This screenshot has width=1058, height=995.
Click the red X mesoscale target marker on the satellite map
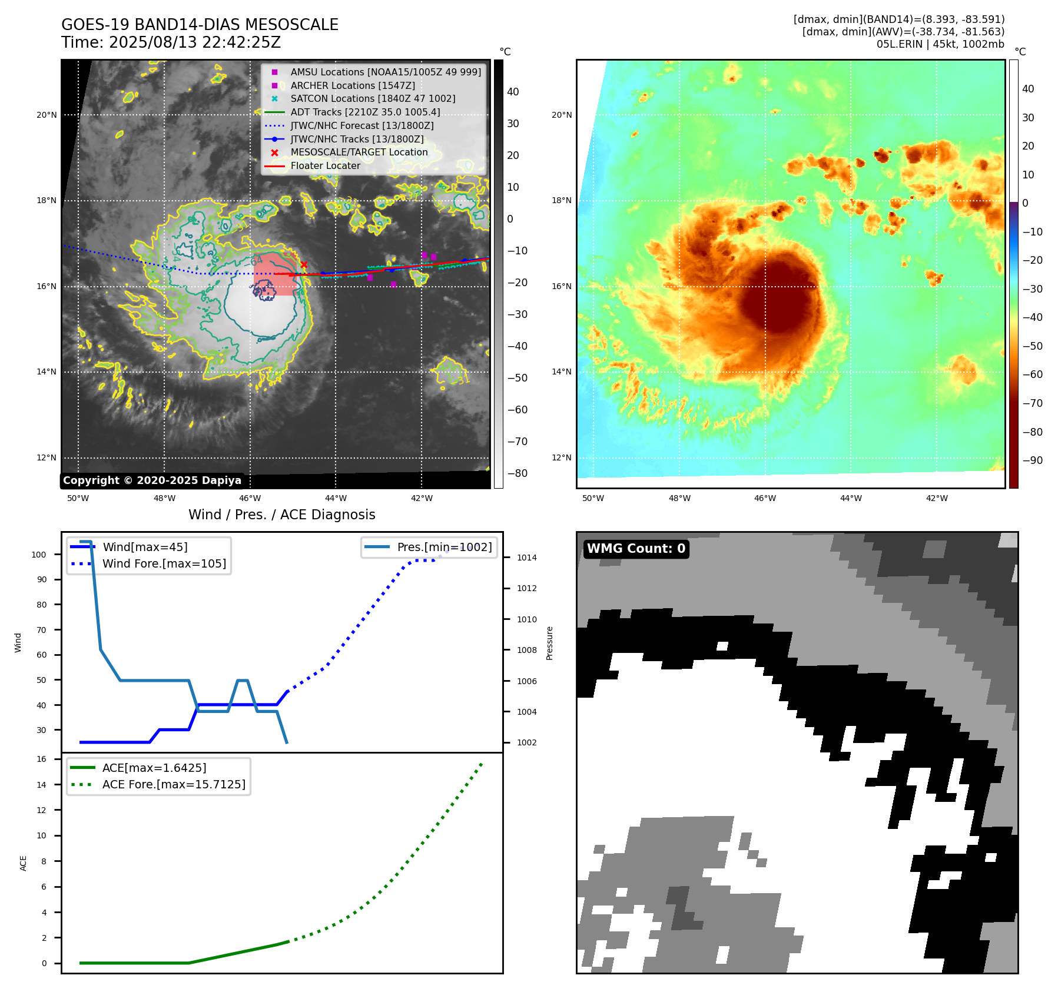pos(304,265)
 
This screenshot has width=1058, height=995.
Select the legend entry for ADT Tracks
pos(365,112)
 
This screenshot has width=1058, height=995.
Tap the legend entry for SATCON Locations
pos(373,98)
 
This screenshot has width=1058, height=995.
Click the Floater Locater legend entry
pos(325,165)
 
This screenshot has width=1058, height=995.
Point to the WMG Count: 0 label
pos(636,549)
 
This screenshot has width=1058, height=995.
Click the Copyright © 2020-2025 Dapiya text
pos(152,480)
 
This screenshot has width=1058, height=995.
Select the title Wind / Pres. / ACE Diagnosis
pos(281,515)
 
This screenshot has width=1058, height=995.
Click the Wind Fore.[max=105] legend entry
pos(164,563)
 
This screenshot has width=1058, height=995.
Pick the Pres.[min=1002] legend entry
pos(444,547)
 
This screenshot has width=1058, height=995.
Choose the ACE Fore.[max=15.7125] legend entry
pos(174,784)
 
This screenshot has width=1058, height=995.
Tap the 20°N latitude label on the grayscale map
pos(47,115)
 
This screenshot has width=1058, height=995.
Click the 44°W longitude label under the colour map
pos(851,498)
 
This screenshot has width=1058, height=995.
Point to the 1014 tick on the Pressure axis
pos(527,558)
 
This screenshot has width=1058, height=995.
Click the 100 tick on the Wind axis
pos(39,555)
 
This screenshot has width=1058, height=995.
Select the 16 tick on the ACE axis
pos(42,759)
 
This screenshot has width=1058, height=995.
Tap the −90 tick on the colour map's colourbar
pos(1032,460)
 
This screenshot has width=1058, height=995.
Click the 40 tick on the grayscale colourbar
pos(513,92)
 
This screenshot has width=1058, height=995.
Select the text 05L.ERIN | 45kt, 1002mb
pos(940,44)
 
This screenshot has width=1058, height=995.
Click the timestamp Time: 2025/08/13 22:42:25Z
pos(171,42)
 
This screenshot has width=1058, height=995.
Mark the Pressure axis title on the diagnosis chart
pos(549,643)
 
